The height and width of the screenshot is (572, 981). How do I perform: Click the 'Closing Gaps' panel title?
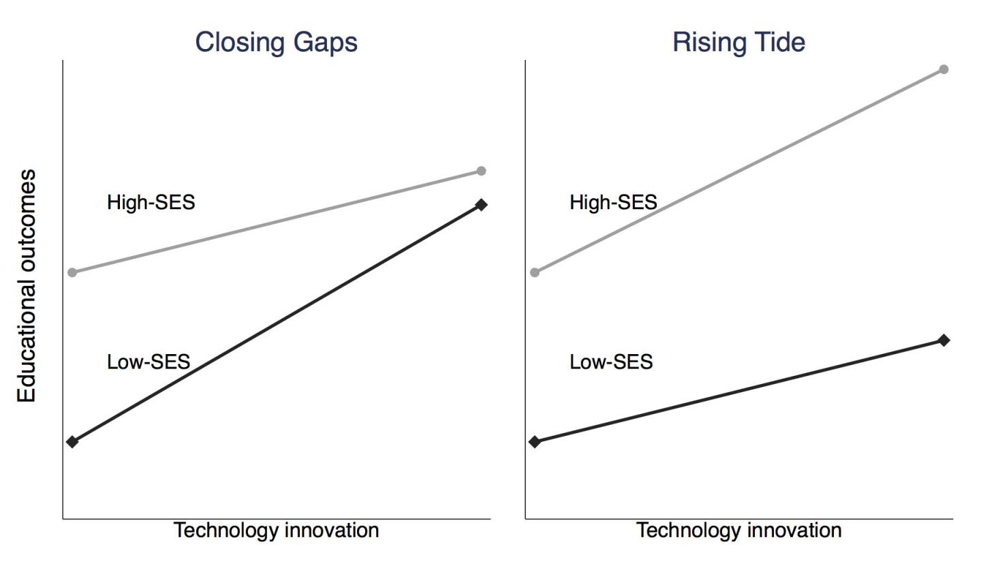(x=276, y=42)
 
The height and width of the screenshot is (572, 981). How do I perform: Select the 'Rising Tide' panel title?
(x=738, y=42)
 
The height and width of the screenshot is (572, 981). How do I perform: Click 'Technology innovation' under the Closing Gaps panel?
(x=276, y=530)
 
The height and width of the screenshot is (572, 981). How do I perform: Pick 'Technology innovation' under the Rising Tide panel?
(x=738, y=530)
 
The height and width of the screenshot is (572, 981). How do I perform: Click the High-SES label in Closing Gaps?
(x=151, y=202)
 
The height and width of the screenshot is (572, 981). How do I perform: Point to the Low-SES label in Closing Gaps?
(x=148, y=362)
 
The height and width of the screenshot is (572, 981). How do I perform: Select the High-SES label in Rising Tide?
(x=613, y=202)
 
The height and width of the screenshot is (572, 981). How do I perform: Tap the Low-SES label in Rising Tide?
(x=610, y=362)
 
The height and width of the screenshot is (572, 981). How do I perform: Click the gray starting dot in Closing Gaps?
(x=73, y=272)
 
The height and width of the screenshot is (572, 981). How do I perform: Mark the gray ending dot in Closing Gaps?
(x=481, y=171)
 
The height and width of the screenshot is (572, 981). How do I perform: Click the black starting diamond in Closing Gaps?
(x=73, y=442)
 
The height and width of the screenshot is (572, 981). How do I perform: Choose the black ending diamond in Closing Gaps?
(x=481, y=204)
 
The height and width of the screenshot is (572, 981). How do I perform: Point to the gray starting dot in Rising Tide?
(x=535, y=272)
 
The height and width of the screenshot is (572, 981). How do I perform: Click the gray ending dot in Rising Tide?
(x=944, y=69)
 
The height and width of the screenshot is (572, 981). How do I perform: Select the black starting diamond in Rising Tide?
(x=535, y=442)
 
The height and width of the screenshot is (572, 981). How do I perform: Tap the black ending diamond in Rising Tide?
(x=944, y=340)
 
